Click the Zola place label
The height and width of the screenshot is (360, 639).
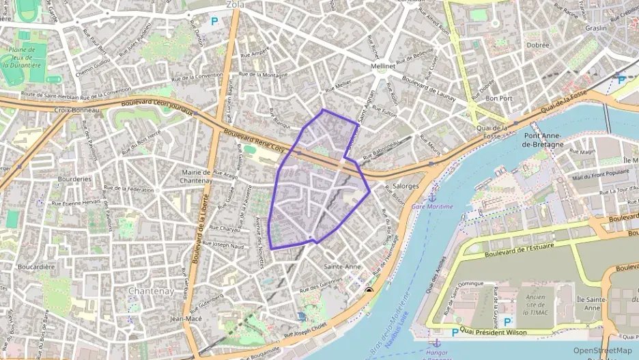click(235, 4)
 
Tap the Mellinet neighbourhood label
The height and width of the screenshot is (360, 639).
click(382, 67)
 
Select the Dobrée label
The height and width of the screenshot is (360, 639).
click(538, 45)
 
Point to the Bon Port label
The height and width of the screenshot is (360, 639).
click(498, 98)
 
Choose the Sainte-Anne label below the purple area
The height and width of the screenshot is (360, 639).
click(343, 266)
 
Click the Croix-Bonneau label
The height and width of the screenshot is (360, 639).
click(76, 110)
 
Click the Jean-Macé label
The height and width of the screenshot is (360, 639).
click(185, 318)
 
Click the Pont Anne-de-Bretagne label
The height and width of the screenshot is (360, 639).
click(543, 140)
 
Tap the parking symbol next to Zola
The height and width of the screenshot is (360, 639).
click(214, 22)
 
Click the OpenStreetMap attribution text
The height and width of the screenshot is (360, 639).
click(602, 350)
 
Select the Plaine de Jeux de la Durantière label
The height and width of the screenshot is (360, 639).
click(25, 57)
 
